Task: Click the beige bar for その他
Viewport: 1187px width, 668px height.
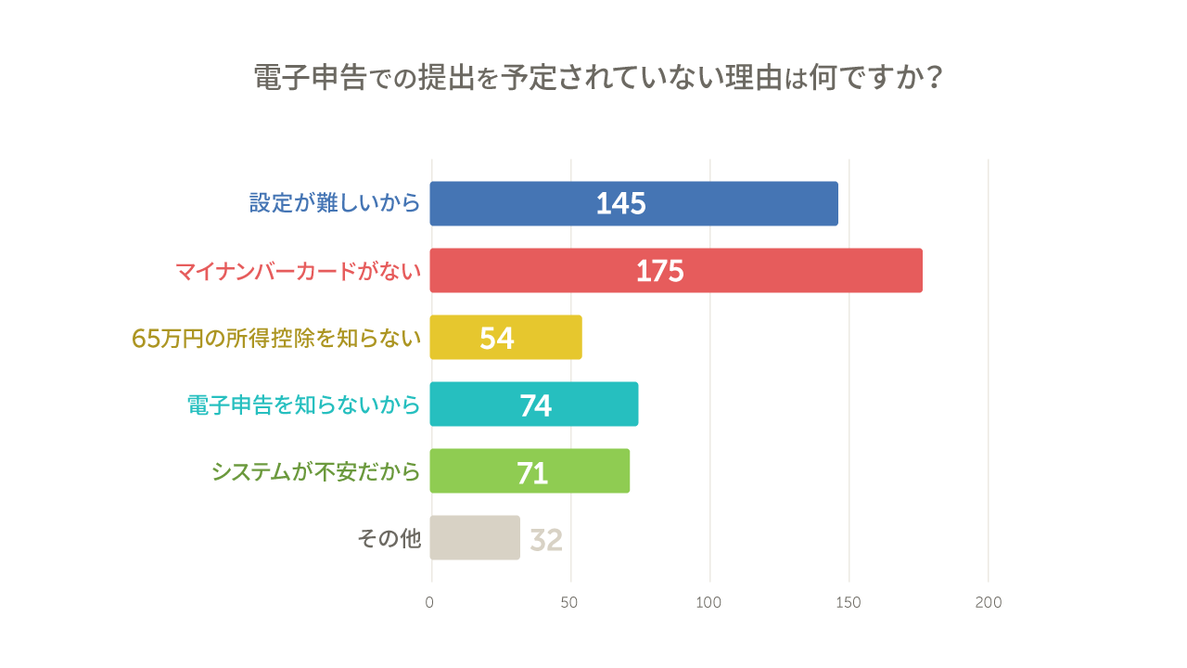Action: tap(475, 537)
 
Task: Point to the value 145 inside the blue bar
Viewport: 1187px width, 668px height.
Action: tap(620, 204)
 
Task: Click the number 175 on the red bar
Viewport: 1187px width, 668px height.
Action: tap(659, 271)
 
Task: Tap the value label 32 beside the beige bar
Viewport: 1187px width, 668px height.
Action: tap(546, 540)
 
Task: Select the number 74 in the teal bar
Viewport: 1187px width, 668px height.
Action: tap(535, 405)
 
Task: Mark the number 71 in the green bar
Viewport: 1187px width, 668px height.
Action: tap(532, 473)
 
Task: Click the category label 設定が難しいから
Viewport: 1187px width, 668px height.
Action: tap(335, 203)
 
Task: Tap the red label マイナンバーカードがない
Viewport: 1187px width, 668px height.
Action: tap(298, 271)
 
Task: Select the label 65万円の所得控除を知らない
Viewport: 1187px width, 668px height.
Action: tap(276, 339)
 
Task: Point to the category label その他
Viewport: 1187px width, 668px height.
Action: tap(389, 538)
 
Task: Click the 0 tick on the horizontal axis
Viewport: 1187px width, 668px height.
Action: tap(429, 603)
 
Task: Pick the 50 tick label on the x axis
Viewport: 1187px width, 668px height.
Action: tap(569, 603)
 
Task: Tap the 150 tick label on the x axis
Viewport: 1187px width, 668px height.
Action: tap(848, 603)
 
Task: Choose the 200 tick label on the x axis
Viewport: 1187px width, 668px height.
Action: tap(988, 603)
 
